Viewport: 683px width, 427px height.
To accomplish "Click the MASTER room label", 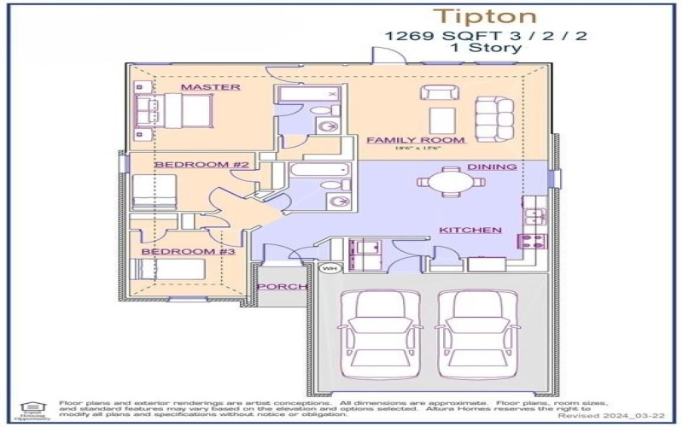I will [210, 87].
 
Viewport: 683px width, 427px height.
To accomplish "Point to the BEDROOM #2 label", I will [201, 164].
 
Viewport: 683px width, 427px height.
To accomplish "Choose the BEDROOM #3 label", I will [188, 252].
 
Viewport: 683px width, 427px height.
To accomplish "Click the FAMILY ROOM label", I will [416, 139].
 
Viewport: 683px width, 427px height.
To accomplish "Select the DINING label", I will [492, 167].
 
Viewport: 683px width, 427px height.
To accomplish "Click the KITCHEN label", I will [470, 231].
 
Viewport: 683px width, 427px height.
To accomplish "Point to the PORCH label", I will [281, 287].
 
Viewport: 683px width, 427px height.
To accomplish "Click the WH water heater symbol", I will [328, 269].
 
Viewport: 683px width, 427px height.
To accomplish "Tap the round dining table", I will [448, 182].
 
